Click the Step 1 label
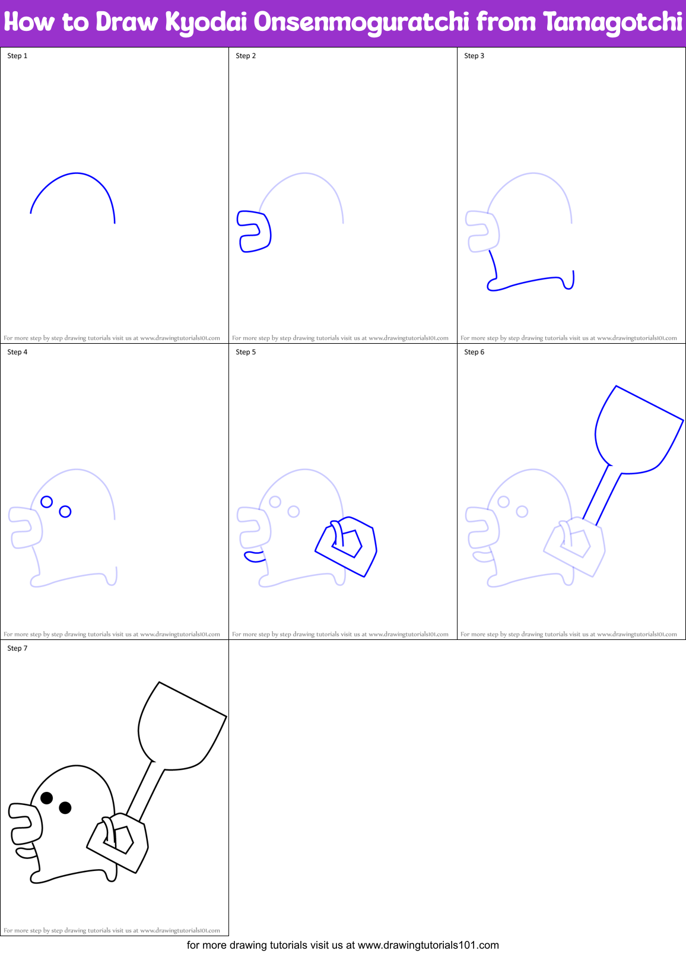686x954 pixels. (x=17, y=56)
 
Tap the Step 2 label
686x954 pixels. (x=246, y=56)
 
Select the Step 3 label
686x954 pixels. (x=474, y=56)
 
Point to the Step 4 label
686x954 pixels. (x=17, y=352)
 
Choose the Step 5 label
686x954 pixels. (x=246, y=352)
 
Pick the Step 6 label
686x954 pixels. (x=474, y=352)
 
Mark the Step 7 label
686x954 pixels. (x=17, y=648)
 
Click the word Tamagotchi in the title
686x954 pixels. (x=612, y=23)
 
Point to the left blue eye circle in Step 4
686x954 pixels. (x=47, y=502)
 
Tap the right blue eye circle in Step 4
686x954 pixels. (x=65, y=511)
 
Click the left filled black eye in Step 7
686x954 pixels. (x=47, y=798)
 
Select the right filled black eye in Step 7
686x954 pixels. (x=65, y=807)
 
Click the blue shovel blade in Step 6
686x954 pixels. (x=638, y=430)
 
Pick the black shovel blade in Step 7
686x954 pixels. (x=181, y=727)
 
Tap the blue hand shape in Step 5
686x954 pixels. (x=347, y=546)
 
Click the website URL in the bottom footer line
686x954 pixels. (x=428, y=945)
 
